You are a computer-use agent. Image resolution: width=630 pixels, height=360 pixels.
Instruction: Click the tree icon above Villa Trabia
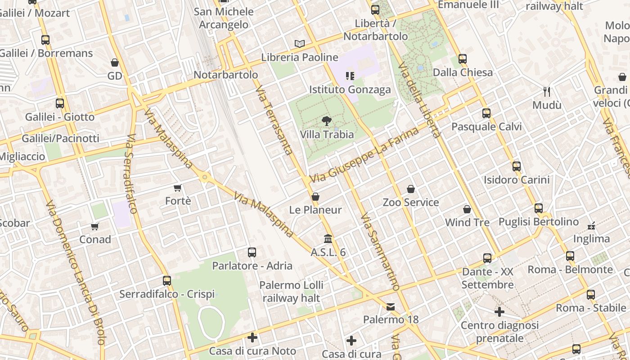(327, 121)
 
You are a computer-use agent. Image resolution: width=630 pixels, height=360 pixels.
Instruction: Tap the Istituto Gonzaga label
(350, 90)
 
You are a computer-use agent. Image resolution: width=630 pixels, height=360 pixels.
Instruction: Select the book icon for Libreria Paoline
(300, 44)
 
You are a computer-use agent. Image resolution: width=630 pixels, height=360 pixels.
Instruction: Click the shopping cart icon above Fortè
(178, 188)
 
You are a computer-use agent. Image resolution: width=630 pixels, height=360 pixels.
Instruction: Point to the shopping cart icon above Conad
(95, 226)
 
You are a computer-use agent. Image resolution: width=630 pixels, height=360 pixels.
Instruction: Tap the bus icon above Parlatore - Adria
(252, 252)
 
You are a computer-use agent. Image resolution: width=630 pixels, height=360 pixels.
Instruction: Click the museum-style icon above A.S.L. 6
(328, 238)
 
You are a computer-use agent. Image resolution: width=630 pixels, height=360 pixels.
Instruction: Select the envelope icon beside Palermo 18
(391, 307)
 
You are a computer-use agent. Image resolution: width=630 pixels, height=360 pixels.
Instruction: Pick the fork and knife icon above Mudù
(547, 92)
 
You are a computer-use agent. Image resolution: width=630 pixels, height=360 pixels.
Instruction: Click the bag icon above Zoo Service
(410, 189)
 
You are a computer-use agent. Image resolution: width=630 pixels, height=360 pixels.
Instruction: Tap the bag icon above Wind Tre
(467, 209)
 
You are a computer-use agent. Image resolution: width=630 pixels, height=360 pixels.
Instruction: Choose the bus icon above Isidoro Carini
(517, 166)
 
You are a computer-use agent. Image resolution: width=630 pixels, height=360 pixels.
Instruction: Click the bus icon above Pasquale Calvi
(486, 113)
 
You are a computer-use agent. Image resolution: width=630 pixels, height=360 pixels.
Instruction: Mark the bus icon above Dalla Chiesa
(463, 59)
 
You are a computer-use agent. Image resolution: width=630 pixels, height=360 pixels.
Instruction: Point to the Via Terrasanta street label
(274, 121)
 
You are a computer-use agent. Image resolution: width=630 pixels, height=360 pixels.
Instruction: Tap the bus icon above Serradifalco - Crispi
(167, 281)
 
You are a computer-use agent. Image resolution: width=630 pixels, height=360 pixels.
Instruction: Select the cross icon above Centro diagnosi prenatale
(499, 311)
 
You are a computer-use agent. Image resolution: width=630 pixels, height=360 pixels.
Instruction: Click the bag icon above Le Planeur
(315, 197)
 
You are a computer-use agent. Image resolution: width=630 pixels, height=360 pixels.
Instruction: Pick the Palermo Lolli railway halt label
(291, 292)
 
